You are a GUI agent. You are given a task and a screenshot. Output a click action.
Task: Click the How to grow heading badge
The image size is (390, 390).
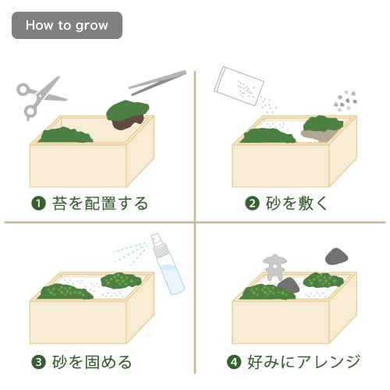[x=66, y=25]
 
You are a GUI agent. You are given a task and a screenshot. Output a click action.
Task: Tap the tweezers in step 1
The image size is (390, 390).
[x=157, y=81]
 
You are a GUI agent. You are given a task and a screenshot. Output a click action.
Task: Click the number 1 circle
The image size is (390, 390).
[x=37, y=204]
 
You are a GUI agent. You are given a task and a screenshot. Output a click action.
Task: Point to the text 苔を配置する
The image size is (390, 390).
[x=97, y=204]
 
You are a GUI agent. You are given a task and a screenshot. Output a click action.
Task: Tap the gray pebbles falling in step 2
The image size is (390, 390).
[x=344, y=100]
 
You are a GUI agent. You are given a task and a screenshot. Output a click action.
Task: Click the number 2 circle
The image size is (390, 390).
[x=252, y=204]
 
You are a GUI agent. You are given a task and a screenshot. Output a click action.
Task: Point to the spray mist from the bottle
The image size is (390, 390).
[x=128, y=253]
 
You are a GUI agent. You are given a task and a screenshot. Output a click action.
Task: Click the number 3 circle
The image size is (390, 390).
[x=37, y=362]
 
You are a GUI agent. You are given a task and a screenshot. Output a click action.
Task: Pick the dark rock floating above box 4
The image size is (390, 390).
[x=336, y=256]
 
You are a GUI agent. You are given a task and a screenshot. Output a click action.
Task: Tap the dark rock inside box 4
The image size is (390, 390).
[x=289, y=285]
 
